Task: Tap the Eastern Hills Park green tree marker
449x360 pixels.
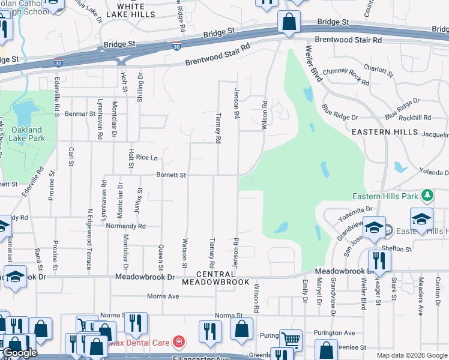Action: (x=427, y=195)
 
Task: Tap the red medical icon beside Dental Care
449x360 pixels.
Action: (x=178, y=342)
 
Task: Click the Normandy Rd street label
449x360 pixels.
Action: (x=125, y=226)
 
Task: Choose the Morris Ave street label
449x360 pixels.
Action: (x=164, y=296)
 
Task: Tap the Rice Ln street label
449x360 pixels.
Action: (x=146, y=157)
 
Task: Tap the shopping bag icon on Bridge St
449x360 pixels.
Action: (x=289, y=23)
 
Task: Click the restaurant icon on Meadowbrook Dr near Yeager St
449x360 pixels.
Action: (x=379, y=260)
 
